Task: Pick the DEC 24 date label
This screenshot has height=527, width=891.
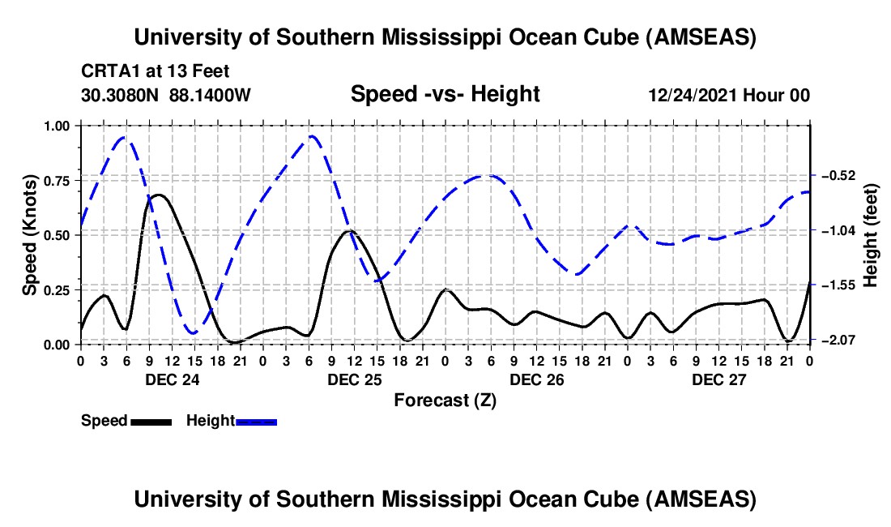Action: click(172, 379)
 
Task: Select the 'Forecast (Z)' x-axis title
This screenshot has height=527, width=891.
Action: click(445, 400)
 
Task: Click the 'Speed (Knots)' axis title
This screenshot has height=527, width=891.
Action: click(29, 235)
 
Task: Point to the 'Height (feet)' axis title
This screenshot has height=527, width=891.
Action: click(871, 235)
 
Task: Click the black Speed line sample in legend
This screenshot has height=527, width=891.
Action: click(151, 422)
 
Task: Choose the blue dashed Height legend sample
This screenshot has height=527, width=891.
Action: click(256, 422)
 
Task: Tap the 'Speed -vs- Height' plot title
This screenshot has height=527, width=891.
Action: click(445, 94)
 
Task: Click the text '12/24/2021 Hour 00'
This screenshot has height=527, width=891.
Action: click(729, 95)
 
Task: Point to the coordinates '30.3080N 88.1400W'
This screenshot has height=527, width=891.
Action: click(166, 95)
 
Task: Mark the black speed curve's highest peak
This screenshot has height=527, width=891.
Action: click(160, 195)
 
